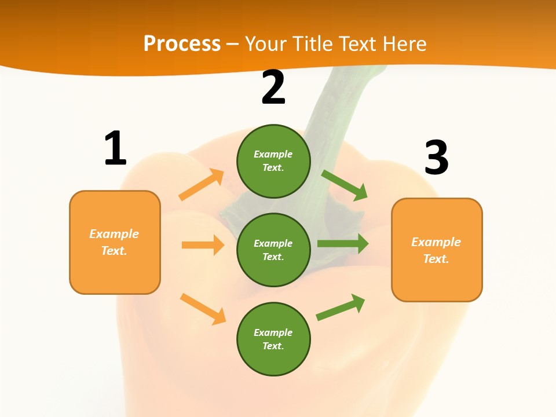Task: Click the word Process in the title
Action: [182, 43]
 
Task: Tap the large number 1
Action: [115, 148]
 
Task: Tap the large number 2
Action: [273, 87]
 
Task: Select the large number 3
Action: [436, 158]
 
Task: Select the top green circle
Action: [273, 161]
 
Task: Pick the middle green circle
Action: [273, 250]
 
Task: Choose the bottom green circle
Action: [273, 339]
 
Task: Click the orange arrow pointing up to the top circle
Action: [202, 185]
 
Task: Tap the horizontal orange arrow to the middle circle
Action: [203, 245]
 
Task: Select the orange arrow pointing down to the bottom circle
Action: [203, 309]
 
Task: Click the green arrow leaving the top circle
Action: [345, 185]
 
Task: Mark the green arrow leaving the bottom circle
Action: [341, 308]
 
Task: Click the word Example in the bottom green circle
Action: [273, 332]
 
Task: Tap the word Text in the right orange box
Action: [436, 259]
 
